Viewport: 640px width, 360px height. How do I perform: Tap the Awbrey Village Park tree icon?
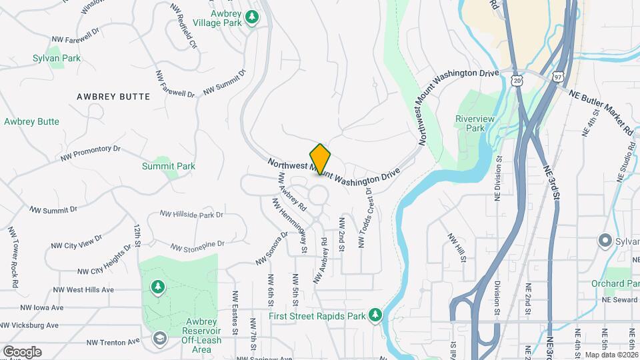[x=252, y=17]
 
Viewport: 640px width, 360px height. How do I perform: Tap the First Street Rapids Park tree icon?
[x=376, y=315]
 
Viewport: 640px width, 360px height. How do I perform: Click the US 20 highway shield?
[x=518, y=80]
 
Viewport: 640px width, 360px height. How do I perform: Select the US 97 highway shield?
[x=557, y=78]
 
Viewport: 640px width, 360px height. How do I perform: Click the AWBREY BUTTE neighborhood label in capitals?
[x=113, y=97]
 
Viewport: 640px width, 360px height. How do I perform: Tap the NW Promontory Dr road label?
[x=90, y=153]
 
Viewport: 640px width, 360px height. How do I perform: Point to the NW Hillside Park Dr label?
[x=191, y=215]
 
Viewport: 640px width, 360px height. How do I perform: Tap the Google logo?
[x=22, y=351]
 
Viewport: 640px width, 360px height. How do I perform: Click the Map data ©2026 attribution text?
[x=610, y=355]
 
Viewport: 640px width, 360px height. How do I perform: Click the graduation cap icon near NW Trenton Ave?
[x=159, y=339]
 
